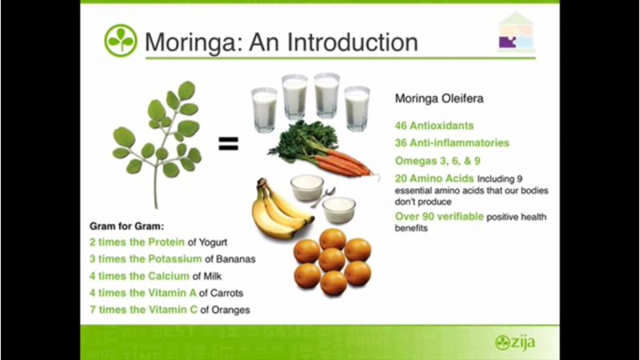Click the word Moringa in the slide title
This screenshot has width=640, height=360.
click(190, 42)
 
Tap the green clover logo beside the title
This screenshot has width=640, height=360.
click(121, 41)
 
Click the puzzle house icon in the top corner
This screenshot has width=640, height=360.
click(516, 32)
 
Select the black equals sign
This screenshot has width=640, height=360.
click(228, 144)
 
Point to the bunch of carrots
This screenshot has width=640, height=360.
click(322, 150)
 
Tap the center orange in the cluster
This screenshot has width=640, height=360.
click(332, 259)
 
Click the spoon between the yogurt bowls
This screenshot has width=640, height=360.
click(324, 197)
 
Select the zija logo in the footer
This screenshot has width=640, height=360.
click(515, 342)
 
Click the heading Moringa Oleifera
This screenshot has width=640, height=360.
click(439, 98)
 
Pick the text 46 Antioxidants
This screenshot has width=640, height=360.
click(434, 126)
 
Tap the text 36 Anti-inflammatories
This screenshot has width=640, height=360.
click(452, 143)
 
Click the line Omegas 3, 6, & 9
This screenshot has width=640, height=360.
click(438, 161)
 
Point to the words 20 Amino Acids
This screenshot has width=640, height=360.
click(434, 178)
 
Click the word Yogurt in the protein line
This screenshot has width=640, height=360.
click(213, 242)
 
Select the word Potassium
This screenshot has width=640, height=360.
click(174, 258)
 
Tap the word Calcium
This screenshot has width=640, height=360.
click(169, 276)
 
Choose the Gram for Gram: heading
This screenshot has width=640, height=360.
click(126, 226)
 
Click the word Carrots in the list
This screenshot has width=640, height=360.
click(226, 293)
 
